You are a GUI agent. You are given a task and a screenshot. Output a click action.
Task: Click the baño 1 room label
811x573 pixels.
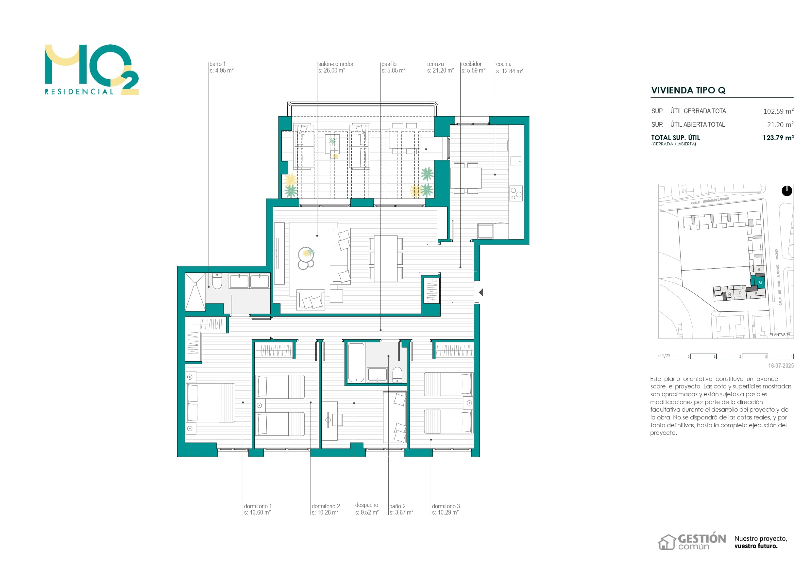(217, 64)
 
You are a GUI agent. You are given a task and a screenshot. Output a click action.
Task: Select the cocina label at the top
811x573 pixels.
(504, 64)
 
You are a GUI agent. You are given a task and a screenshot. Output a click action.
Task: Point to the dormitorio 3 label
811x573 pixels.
(446, 506)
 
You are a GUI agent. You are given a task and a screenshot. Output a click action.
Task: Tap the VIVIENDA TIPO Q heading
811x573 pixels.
(688, 90)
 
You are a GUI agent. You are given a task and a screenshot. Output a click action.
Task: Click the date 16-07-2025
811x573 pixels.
(781, 366)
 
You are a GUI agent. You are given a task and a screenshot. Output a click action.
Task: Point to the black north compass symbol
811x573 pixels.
(786, 191)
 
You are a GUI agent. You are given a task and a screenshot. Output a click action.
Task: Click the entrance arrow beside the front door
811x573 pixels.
(481, 292)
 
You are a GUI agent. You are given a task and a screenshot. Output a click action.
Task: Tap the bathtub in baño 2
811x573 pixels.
(356, 363)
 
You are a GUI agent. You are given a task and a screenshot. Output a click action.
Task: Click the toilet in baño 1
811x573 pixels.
(217, 281)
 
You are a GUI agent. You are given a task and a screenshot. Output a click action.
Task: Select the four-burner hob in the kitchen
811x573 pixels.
(516, 193)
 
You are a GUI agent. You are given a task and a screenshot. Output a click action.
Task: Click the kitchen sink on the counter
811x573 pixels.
(516, 161)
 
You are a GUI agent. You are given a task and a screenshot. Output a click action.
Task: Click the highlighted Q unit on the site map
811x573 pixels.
(760, 282)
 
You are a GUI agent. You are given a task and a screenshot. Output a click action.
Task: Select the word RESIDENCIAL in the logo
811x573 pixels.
(79, 92)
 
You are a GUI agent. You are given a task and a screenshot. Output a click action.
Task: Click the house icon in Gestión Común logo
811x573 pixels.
(667, 542)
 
